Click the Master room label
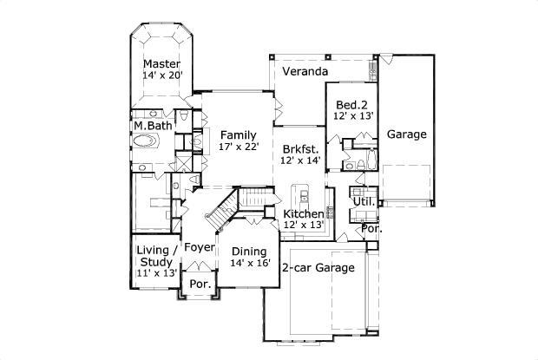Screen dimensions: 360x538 [161, 64]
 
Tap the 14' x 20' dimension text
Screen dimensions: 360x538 [161, 76]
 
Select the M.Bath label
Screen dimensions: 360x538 [150, 126]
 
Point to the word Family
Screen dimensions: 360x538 [237, 135]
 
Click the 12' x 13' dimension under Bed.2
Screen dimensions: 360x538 [351, 115]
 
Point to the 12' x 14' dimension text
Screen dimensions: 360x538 [300, 160]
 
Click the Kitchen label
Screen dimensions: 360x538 [304, 213]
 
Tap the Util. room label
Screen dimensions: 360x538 [363, 201]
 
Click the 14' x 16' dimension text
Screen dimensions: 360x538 [250, 263]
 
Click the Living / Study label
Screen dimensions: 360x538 [157, 256]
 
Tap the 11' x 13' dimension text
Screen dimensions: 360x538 [157, 272]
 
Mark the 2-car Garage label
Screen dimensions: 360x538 [318, 268]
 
